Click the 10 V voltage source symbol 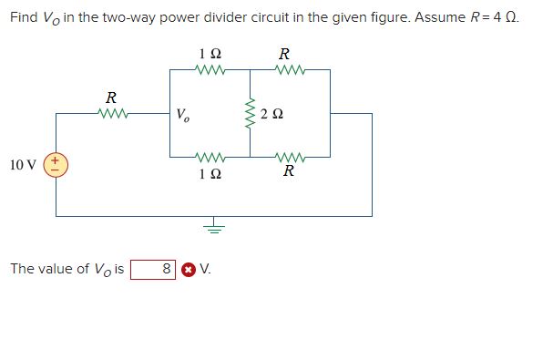[x=56, y=165]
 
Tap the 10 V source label [x=23, y=165]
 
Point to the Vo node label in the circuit [x=183, y=116]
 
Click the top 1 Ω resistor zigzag [x=210, y=69]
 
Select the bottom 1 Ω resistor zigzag [x=210, y=157]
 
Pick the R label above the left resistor [x=111, y=97]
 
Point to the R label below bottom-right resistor [x=288, y=172]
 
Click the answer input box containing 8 [x=152, y=269]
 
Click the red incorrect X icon [x=188, y=270]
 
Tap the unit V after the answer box [x=205, y=269]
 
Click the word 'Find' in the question [x=25, y=18]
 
